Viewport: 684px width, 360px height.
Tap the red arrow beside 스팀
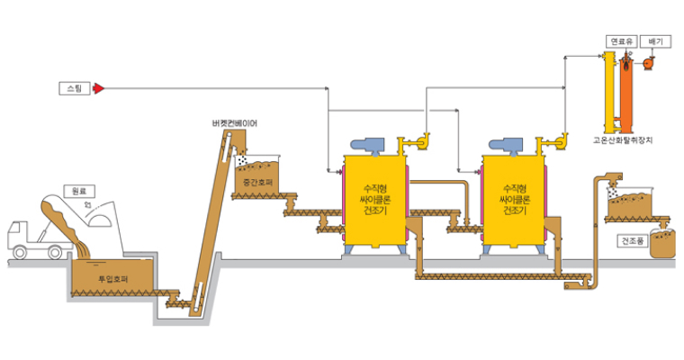click(x=98, y=87)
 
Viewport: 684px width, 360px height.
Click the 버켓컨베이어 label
click(x=234, y=123)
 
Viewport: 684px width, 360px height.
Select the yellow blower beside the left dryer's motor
click(x=415, y=143)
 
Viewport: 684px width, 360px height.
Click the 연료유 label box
click(x=620, y=40)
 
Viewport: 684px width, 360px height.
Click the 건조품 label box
click(x=633, y=241)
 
